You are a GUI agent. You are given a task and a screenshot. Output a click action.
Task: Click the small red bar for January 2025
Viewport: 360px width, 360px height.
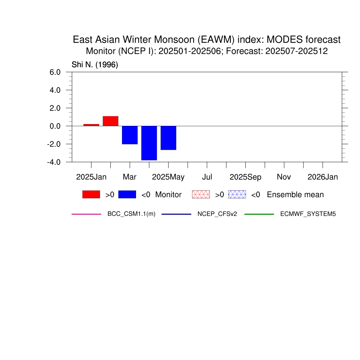point(91,125)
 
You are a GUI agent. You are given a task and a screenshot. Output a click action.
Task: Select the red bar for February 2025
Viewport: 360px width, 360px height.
point(110,121)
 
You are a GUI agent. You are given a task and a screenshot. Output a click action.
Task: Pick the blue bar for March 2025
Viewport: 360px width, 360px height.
point(130,135)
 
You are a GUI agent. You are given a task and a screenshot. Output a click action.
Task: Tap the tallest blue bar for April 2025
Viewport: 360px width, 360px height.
point(149,143)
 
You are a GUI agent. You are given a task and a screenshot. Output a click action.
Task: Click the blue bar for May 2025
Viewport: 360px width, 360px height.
point(168,138)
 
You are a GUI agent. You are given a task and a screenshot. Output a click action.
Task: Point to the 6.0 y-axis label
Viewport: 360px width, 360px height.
point(55,72)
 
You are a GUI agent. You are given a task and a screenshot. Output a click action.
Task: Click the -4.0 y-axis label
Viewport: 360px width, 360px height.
point(54,162)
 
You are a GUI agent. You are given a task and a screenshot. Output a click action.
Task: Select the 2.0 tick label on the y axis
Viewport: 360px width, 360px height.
point(55,108)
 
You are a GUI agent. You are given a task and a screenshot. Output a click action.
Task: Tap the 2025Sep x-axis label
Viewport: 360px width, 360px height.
point(245,177)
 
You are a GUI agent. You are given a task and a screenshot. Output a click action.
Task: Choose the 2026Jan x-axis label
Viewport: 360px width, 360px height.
point(323,177)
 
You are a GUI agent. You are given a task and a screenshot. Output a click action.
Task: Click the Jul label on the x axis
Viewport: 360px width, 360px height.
point(207,177)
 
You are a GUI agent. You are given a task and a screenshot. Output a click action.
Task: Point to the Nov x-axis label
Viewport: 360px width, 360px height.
point(284,177)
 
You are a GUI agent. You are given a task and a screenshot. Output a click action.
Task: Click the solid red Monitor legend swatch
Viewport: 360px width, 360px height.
point(91,194)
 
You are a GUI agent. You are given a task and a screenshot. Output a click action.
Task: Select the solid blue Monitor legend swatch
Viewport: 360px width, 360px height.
point(127,194)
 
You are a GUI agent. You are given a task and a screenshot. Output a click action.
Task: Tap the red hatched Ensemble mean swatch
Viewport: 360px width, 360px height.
point(201,194)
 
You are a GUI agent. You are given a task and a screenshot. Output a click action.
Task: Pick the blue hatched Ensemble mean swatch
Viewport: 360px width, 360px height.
point(237,194)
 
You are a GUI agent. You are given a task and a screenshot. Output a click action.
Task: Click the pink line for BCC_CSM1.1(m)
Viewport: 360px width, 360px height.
point(86,214)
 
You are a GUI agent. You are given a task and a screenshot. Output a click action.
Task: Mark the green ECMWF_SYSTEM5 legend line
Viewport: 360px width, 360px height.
point(259,214)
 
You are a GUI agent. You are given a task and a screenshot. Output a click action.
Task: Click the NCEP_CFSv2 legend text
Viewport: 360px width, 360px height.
point(217,214)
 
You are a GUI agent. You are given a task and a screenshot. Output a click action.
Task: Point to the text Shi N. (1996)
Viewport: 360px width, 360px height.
point(95,65)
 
